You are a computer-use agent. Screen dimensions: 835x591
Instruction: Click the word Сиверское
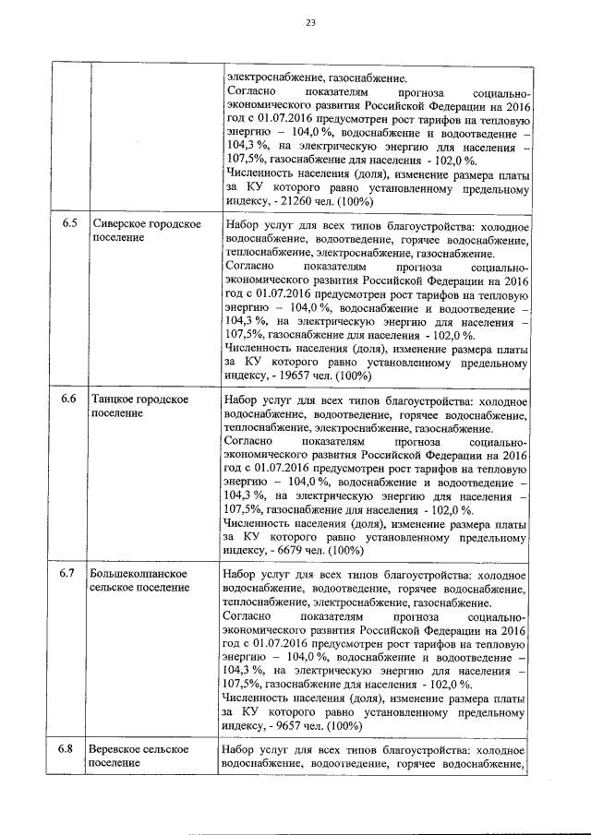click(118, 225)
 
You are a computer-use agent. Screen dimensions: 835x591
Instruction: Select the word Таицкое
click(114, 400)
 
